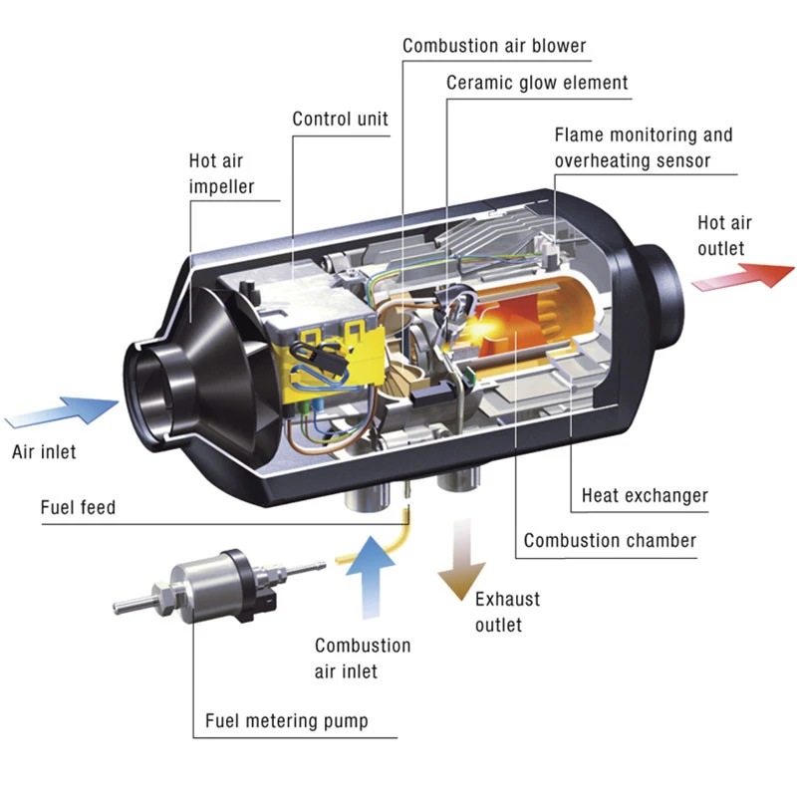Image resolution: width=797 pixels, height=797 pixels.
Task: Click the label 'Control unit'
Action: click(340, 120)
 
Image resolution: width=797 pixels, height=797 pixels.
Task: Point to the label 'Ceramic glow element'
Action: click(537, 83)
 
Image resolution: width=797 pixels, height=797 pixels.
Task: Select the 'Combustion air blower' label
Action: click(494, 46)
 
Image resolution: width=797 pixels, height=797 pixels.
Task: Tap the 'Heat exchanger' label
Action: click(645, 495)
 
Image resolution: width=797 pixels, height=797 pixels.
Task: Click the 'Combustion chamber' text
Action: click(610, 541)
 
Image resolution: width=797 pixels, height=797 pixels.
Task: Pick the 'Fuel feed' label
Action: click(78, 508)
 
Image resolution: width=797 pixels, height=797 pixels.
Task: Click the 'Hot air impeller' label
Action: click(221, 173)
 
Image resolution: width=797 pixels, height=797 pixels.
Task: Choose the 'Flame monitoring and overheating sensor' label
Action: click(643, 146)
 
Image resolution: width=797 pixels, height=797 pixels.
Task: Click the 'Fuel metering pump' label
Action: click(286, 720)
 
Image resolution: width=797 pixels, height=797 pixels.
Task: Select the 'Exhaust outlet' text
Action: click(507, 612)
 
